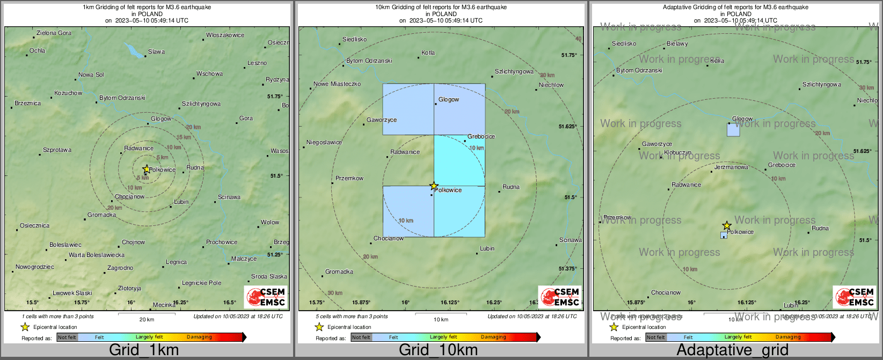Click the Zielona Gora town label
point(54,33)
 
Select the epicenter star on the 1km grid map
point(146,169)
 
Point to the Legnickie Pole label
point(201,283)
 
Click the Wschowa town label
point(209,74)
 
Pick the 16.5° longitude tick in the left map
point(229,303)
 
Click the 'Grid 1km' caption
point(144,350)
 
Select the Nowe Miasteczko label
point(337,84)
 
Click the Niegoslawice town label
point(324,143)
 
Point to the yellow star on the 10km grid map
point(434,186)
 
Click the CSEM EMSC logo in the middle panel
point(560,297)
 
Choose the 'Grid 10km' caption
point(438,350)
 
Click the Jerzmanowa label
point(732,167)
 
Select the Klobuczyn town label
point(677,153)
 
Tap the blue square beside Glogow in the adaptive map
point(733,130)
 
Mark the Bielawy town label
point(677,44)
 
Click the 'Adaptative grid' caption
point(732,350)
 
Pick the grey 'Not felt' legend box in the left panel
point(67,337)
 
